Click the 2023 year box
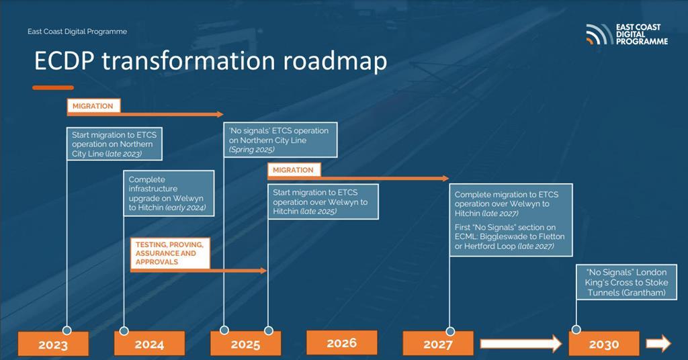point(53,345)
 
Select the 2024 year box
point(149,345)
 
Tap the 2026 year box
point(341,343)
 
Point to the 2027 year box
point(438,345)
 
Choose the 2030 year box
point(603,344)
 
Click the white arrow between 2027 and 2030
point(521,345)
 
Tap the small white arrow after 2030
point(658,344)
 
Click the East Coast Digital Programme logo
point(626,34)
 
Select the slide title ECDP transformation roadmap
point(210,61)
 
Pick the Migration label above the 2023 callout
point(93,106)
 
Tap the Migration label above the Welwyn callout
point(294,170)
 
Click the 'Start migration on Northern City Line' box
point(115,144)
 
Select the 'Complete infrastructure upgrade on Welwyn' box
point(169,194)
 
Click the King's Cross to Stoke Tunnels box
point(626,282)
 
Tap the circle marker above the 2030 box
point(576,329)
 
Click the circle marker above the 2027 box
point(449,330)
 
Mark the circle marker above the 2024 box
point(124,330)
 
